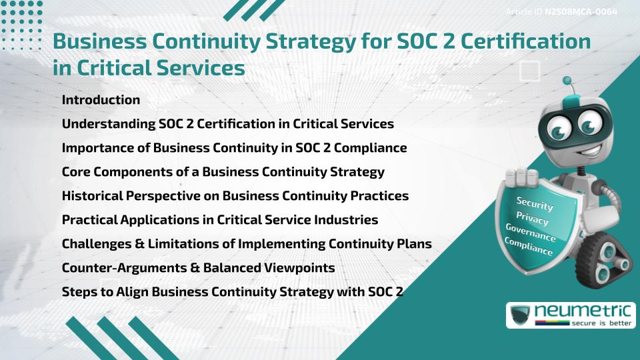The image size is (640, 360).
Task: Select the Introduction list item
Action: pyautogui.click(x=101, y=100)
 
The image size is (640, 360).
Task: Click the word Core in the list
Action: pyautogui.click(x=76, y=172)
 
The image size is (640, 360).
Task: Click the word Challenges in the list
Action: pyautogui.click(x=97, y=244)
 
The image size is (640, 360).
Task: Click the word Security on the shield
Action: pyautogui.click(x=535, y=204)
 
